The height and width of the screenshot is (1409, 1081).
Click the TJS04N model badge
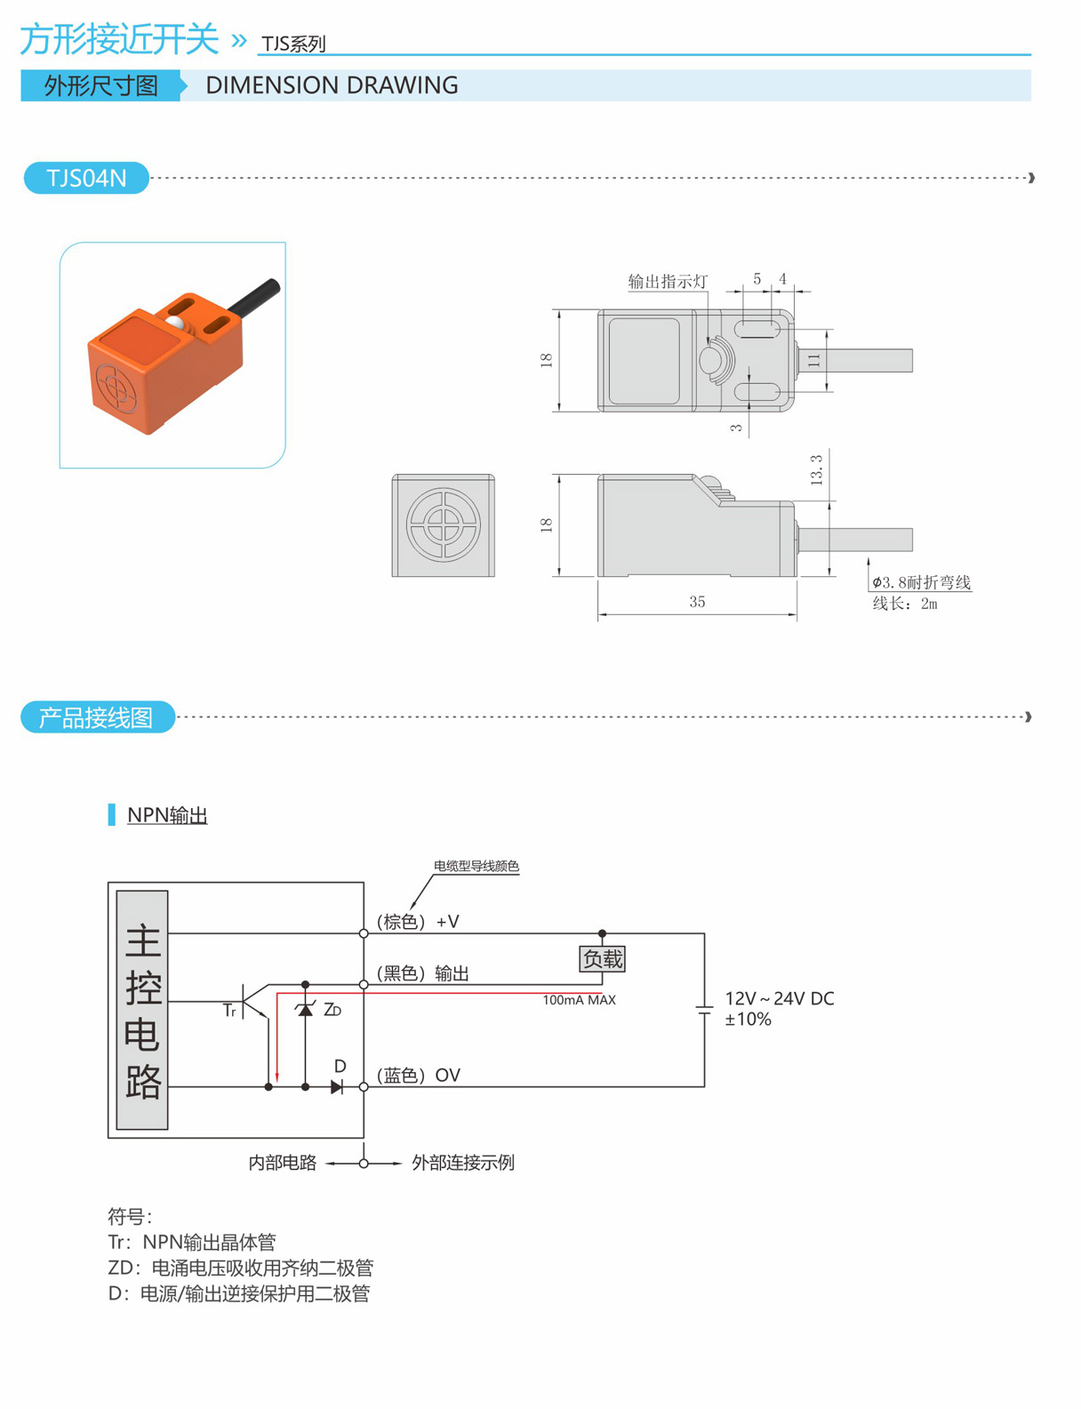click(x=86, y=178)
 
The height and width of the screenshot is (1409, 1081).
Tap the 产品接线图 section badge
click(x=97, y=717)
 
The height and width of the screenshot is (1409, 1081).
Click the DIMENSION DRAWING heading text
click(x=332, y=85)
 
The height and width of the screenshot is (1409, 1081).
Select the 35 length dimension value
click(x=697, y=602)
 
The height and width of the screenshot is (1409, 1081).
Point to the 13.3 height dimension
click(x=816, y=469)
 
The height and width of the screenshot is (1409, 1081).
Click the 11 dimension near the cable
click(x=813, y=360)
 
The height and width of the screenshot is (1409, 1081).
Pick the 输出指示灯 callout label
click(x=668, y=282)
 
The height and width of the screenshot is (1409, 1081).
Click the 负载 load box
click(x=602, y=959)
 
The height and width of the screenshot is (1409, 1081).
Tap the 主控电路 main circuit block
click(x=142, y=1010)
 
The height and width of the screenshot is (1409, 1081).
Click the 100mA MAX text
click(x=579, y=1000)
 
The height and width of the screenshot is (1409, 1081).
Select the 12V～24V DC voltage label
click(x=779, y=999)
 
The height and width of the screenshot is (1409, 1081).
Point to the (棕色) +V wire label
click(x=418, y=922)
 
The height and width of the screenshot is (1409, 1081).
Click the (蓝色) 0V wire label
click(x=418, y=1076)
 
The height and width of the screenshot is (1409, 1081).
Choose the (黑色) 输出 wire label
click(x=423, y=973)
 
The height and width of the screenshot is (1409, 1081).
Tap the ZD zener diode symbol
click(x=306, y=1010)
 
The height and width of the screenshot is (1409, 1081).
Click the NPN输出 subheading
click(x=167, y=815)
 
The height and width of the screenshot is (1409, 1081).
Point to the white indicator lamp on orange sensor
click(x=177, y=324)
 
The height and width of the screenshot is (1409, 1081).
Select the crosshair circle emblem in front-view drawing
click(x=443, y=524)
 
